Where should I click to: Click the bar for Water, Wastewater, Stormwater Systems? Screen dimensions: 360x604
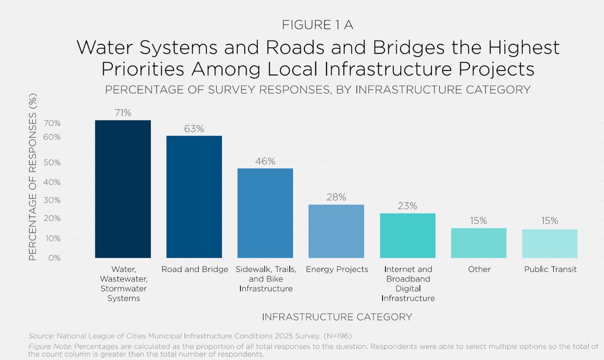click(123, 189)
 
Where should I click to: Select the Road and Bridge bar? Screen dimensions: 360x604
click(194, 197)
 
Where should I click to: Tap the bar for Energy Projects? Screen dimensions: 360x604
click(336, 231)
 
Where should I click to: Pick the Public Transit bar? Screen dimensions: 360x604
click(550, 244)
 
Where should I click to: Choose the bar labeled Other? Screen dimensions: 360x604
click(479, 243)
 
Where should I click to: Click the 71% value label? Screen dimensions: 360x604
click(123, 113)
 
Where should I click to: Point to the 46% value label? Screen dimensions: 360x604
click(265, 161)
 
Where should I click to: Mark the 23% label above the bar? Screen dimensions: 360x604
click(407, 206)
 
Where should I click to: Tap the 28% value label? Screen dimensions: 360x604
click(336, 197)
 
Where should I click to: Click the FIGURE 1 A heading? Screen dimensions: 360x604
click(317, 26)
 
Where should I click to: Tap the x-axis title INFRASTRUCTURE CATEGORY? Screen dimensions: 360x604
click(337, 317)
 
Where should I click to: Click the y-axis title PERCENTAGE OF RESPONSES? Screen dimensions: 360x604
click(33, 177)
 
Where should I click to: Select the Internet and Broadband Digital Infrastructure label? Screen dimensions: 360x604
click(408, 284)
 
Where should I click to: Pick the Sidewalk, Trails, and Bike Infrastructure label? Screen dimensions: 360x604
click(265, 279)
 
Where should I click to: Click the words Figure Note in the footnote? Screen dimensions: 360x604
click(50, 346)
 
